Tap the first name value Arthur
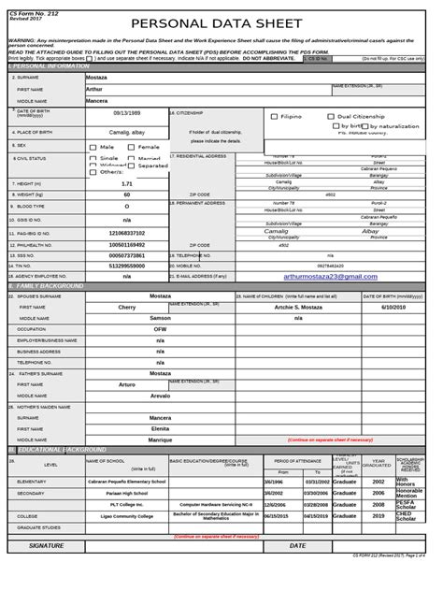click(x=94, y=89)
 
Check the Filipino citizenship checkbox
click(x=274, y=117)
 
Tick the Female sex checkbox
click(x=132, y=147)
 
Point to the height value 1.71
click(x=127, y=183)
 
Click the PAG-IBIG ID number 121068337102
click(x=127, y=233)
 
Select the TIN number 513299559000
click(x=127, y=266)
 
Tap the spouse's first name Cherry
click(x=127, y=307)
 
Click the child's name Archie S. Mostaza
click(x=299, y=307)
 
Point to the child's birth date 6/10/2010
click(x=393, y=307)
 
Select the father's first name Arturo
click(x=127, y=383)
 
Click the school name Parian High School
click(x=127, y=493)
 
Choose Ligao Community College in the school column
click(x=127, y=515)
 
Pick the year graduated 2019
click(x=379, y=515)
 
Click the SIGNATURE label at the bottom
click(x=47, y=545)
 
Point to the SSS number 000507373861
click(x=127, y=254)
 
